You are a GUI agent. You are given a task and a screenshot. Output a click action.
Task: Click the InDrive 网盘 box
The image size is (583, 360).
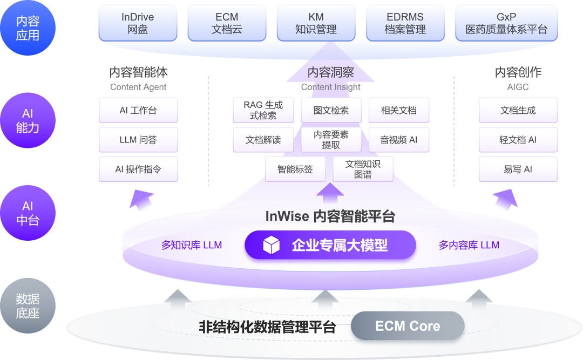pos(138,23)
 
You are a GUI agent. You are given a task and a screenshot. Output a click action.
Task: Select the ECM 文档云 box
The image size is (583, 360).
pos(227,23)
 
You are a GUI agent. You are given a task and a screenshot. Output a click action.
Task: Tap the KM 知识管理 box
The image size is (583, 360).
pos(316,23)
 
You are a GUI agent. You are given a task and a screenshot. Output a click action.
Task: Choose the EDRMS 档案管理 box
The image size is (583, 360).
pos(405,23)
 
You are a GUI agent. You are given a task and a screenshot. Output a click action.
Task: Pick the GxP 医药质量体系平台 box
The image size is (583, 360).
pos(506,23)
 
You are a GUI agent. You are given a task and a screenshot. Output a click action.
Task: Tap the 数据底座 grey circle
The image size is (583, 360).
pos(28,306)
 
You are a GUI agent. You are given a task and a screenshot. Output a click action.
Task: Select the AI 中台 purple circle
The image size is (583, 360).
pos(28,213)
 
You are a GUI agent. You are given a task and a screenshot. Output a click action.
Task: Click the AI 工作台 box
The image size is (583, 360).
pos(138,110)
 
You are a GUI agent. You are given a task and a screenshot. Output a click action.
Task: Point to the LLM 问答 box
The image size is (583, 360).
pos(138,140)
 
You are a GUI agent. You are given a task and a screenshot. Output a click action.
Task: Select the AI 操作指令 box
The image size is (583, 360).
pos(138,169)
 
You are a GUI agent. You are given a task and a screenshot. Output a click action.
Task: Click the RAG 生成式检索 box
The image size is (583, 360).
pos(263,110)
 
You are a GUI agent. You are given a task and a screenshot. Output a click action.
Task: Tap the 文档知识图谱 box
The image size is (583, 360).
pos(363,169)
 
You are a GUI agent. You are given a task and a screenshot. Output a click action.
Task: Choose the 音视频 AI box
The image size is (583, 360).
pos(399,140)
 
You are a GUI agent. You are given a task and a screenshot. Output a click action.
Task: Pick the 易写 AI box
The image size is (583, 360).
pos(518,169)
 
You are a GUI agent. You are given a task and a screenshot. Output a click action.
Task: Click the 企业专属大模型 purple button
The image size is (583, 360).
pos(330,246)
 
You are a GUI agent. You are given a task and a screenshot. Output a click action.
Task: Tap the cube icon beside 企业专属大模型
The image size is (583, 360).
pos(271,246)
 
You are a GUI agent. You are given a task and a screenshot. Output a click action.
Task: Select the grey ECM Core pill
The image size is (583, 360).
pos(408,326)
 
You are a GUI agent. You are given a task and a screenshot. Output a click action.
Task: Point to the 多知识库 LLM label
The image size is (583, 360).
pos(192,245)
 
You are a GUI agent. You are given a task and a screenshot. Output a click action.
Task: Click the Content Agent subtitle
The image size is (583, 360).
pos(138,87)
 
